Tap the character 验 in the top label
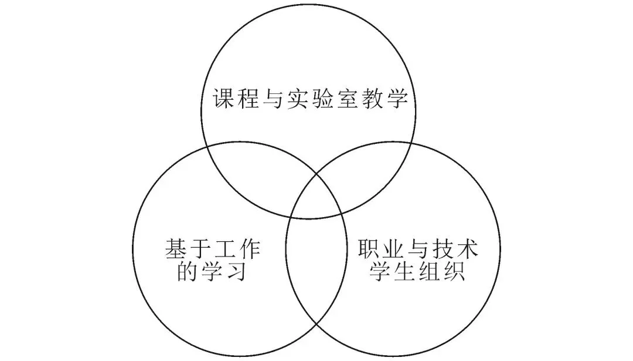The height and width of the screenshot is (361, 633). click(326, 98)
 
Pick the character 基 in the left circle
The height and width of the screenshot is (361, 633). click(175, 251)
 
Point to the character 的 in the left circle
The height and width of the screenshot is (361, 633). click(188, 272)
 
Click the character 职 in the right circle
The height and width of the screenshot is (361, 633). click(370, 251)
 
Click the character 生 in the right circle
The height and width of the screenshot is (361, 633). click(407, 272)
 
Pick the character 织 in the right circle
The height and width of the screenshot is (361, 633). click(456, 272)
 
